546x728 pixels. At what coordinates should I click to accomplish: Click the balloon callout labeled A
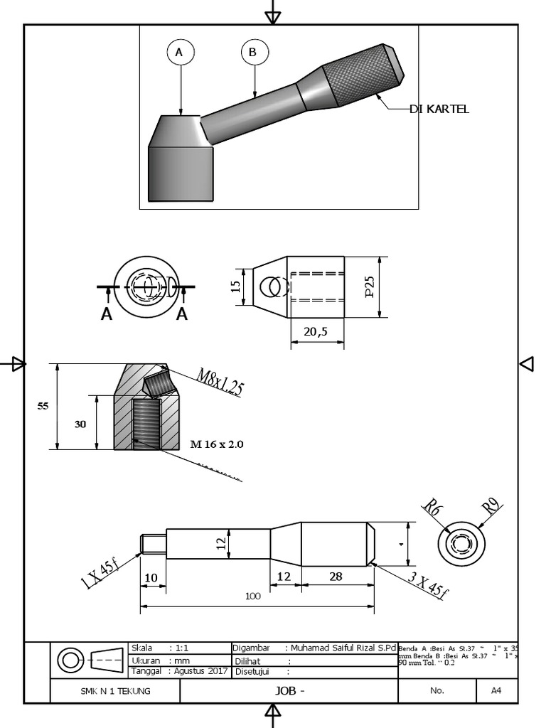pos(180,52)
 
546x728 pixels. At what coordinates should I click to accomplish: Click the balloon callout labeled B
pos(254,52)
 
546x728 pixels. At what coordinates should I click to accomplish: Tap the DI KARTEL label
pos(439,109)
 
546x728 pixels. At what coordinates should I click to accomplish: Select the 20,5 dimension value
pos(316,331)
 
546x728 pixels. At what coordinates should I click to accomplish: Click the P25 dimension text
pos(370,287)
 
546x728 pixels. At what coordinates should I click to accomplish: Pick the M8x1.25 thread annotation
pos(220,382)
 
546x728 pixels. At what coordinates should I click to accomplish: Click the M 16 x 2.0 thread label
pos(217,444)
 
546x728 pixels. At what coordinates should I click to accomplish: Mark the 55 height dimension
pos(43,406)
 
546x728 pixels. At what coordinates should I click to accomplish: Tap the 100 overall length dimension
pos(253,596)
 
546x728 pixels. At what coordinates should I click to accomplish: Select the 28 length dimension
pos(336,576)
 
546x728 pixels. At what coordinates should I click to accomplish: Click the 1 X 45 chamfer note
pos(100,574)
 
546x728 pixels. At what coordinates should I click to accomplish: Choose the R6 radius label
pos(432,508)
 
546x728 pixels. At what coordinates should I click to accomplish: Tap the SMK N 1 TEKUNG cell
pos(115,690)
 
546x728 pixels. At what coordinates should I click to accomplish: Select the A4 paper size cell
pos(496,690)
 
